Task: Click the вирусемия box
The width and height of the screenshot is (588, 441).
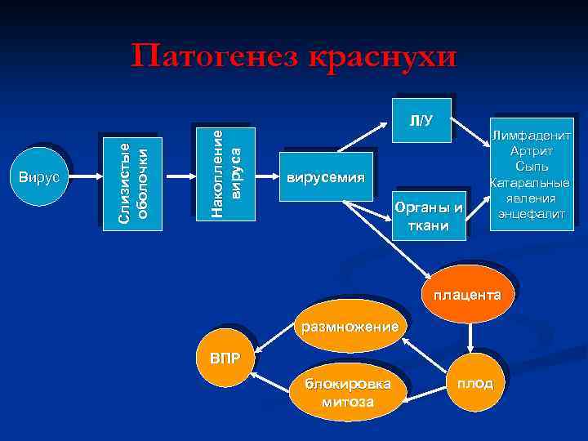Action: (325, 178)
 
